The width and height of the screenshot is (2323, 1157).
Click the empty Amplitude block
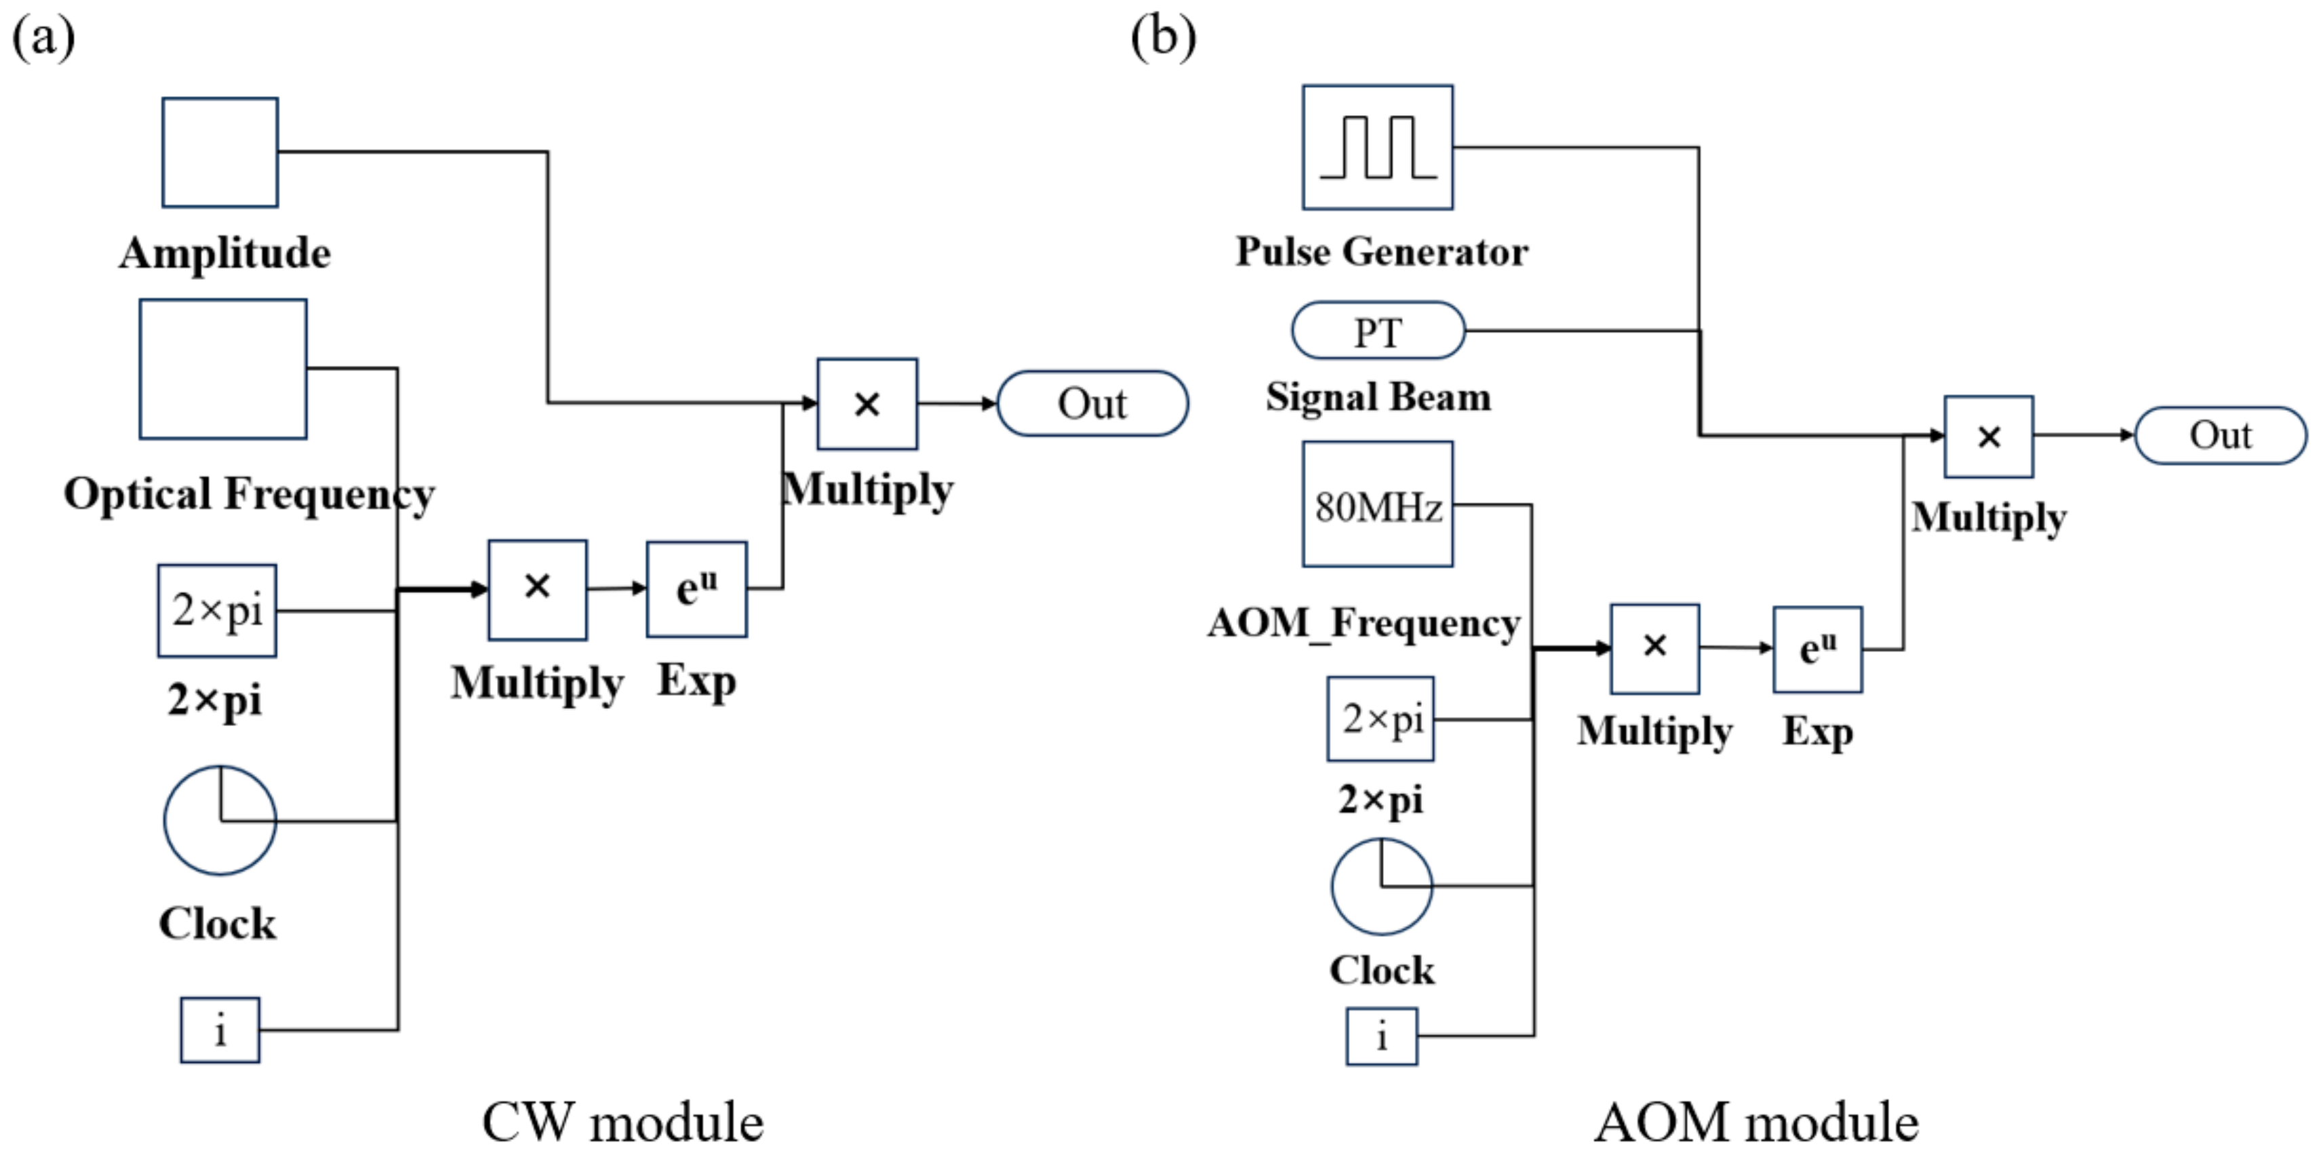[220, 153]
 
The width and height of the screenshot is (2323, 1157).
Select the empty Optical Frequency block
[223, 369]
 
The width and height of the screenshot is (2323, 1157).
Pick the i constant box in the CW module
[220, 1030]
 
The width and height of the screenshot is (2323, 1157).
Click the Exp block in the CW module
[696, 589]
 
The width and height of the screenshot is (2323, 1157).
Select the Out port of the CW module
[1092, 403]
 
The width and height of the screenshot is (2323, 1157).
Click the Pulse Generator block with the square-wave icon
[1377, 147]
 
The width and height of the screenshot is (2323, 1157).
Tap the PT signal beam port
[1378, 331]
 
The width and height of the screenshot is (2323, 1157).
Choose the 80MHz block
[1377, 504]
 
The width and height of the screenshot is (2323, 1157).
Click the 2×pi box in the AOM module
[1381, 718]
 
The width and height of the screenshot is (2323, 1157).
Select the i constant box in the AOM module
[1382, 1036]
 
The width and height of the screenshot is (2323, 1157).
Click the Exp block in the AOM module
[1817, 649]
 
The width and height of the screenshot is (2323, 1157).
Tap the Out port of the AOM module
[2220, 436]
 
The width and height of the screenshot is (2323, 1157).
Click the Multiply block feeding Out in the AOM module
[1989, 437]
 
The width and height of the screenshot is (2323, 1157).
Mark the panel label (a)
[43, 38]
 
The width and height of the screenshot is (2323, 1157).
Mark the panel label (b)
[1164, 38]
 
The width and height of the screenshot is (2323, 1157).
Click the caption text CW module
[623, 1122]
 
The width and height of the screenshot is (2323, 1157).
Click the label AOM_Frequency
[1364, 623]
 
